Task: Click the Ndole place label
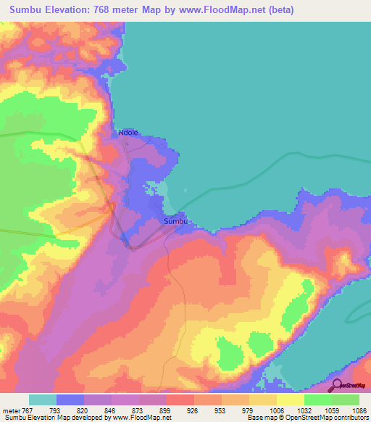[128, 133]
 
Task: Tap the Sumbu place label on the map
[176, 221]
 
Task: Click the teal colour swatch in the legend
[43, 400]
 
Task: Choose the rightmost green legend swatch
[346, 400]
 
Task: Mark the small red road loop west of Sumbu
[112, 207]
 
